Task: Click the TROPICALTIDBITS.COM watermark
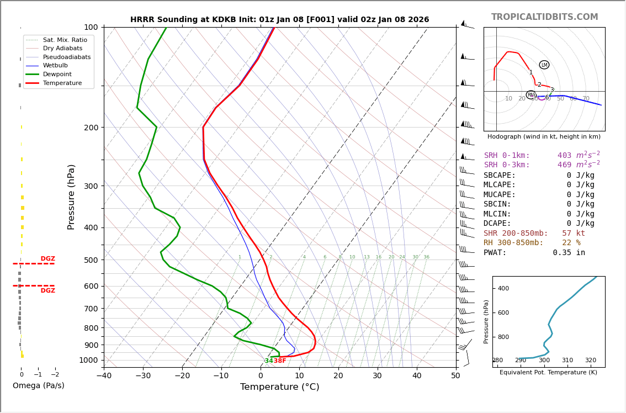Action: point(544,17)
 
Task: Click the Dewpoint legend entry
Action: point(57,74)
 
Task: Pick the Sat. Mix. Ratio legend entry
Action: point(65,40)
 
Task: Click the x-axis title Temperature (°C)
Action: point(279,387)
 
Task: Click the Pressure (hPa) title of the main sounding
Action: point(72,197)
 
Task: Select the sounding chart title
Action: point(279,20)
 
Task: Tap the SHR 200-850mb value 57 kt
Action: point(573,234)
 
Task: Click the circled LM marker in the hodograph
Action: point(544,65)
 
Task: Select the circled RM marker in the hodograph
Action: point(530,95)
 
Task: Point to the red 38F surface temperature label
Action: point(280,361)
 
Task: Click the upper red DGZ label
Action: point(47,259)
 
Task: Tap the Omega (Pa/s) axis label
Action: point(38,386)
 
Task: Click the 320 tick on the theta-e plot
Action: point(590,361)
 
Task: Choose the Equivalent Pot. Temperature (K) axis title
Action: point(548,373)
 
